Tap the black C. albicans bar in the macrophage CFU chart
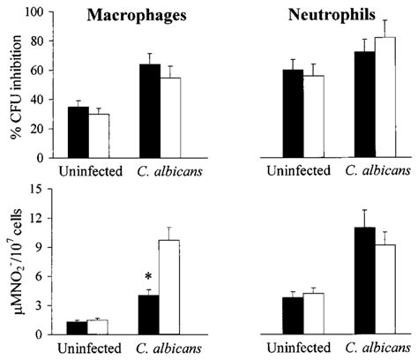point(149,110)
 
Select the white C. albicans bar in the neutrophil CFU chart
point(360,97)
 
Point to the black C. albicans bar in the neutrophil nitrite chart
point(340,281)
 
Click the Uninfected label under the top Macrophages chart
point(87,169)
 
